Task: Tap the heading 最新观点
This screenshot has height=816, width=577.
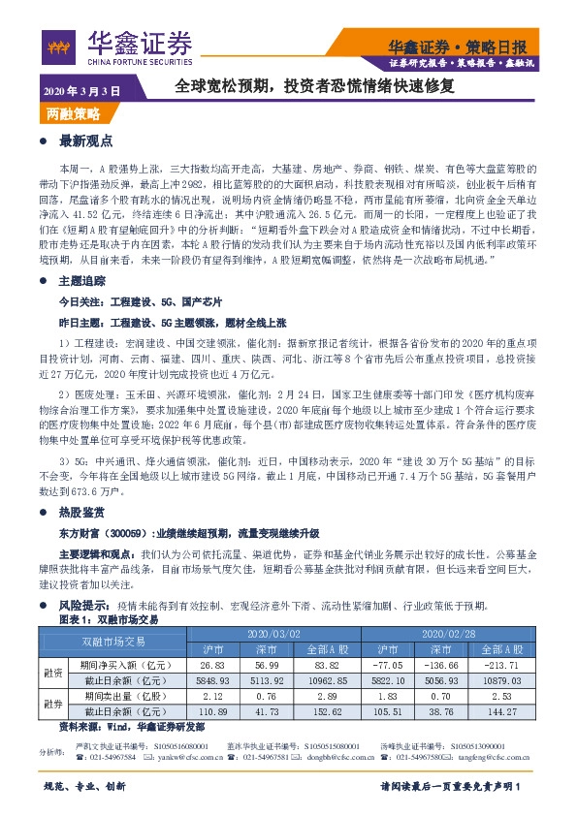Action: tap(86, 141)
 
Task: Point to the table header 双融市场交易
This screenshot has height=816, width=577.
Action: tap(113, 641)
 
